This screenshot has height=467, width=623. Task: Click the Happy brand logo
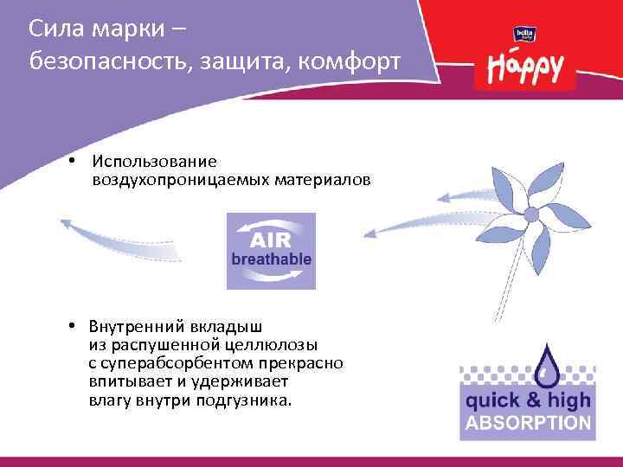point(525,66)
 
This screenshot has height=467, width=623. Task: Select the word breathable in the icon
point(271,259)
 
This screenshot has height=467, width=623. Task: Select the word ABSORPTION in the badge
point(528,424)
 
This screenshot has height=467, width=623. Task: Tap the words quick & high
point(528,400)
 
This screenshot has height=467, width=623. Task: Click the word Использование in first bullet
point(156,161)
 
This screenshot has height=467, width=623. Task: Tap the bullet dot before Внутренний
point(76,326)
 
